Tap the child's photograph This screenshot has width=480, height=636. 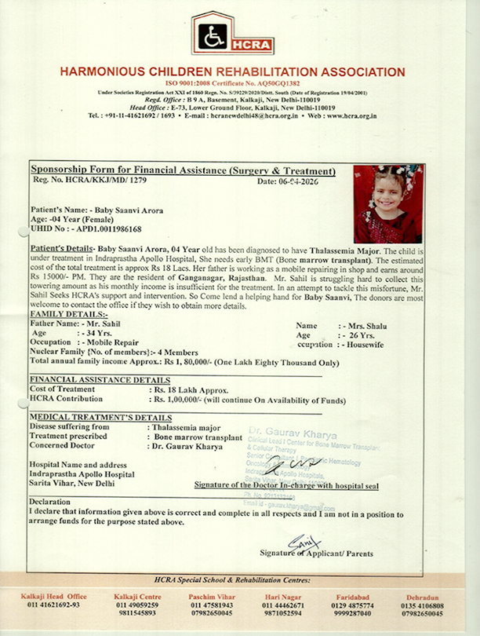tap(387, 203)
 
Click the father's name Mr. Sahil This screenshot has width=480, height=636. tap(100, 323)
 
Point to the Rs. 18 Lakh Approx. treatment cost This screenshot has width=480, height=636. tap(191, 390)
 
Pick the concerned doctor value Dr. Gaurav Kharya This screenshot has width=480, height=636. tap(184, 446)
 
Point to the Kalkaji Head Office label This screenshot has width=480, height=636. tap(56, 597)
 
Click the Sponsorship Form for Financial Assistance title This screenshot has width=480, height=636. tap(183, 170)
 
